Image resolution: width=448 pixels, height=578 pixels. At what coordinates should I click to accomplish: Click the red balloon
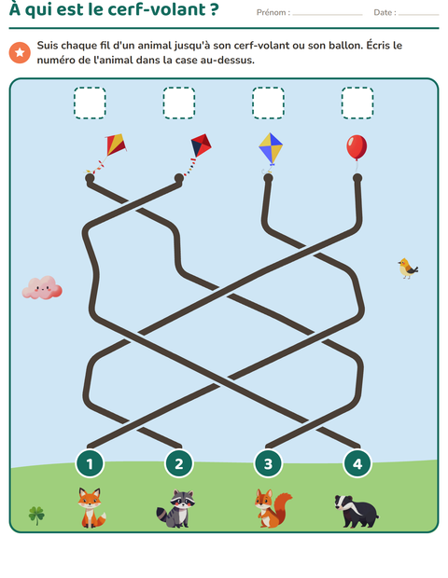click(357, 147)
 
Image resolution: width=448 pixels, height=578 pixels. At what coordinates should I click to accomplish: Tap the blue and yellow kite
click(271, 148)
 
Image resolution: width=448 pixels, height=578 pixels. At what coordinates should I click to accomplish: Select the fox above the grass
click(91, 507)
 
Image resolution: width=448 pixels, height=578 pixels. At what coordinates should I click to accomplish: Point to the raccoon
click(176, 508)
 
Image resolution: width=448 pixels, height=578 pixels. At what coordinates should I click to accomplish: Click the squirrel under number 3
click(273, 508)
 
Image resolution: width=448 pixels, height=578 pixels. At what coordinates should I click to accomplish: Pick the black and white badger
click(357, 511)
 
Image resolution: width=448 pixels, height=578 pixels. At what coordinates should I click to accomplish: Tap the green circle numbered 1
click(90, 463)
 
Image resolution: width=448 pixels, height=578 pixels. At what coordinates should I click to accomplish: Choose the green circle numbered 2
click(179, 463)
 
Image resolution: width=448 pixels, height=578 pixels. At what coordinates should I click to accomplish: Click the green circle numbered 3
click(268, 463)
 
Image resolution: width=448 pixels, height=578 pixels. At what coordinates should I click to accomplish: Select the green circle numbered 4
click(357, 463)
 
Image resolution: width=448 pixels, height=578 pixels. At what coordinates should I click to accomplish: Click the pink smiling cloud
click(42, 287)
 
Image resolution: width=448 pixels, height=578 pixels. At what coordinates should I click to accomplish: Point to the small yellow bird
click(408, 268)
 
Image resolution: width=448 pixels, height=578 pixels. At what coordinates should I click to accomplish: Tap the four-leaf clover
click(36, 515)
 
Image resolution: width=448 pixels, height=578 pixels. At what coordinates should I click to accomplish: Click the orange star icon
click(20, 52)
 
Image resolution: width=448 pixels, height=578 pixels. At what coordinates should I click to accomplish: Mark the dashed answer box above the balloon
click(357, 103)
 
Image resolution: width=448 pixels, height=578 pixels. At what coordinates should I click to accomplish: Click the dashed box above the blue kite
click(268, 103)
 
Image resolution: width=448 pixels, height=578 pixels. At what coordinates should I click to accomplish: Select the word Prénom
click(272, 12)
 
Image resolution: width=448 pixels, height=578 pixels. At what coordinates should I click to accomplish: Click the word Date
click(383, 12)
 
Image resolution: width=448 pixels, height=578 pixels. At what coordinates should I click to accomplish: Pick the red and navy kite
click(200, 147)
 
